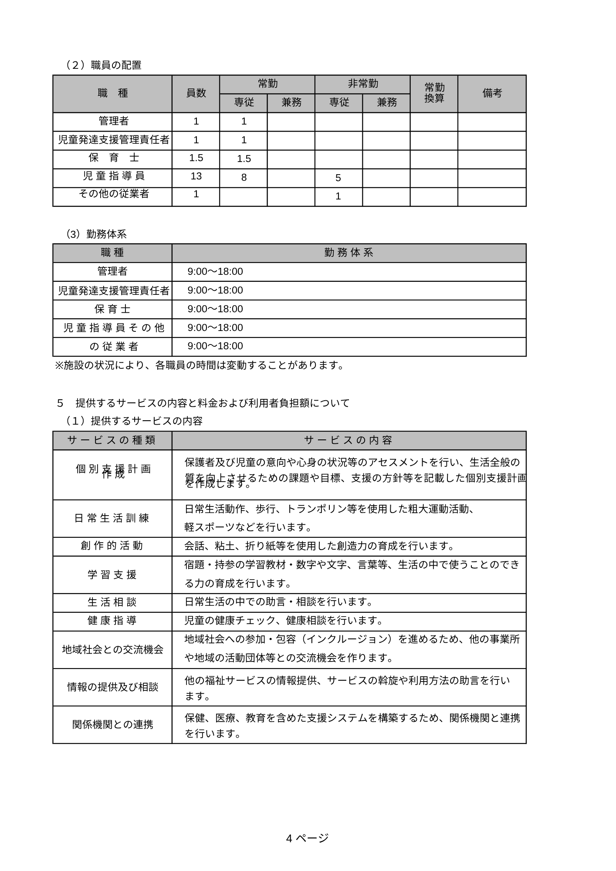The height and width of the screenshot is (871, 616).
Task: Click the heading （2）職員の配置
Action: pyautogui.click(x=103, y=65)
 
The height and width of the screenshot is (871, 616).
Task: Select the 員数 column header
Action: pyautogui.click(x=196, y=93)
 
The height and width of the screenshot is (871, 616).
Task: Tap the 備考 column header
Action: pyautogui.click(x=492, y=93)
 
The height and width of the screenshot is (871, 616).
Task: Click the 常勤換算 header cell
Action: pyautogui.click(x=434, y=93)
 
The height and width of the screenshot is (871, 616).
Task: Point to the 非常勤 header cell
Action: pyautogui.click(x=362, y=84)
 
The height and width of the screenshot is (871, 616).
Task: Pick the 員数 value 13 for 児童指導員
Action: pyautogui.click(x=196, y=176)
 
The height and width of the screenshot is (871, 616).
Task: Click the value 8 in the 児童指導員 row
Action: pyautogui.click(x=244, y=178)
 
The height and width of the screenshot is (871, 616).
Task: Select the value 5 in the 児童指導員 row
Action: pyautogui.click(x=338, y=178)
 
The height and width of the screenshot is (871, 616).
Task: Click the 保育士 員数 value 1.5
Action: pyautogui.click(x=196, y=158)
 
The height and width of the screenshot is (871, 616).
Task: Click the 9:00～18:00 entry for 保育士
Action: pyautogui.click(x=215, y=309)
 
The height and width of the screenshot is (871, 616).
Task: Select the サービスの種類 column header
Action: pyautogui.click(x=112, y=440)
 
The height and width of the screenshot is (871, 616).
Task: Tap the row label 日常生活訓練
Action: pyautogui.click(x=112, y=518)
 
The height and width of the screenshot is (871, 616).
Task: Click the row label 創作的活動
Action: pyautogui.click(x=112, y=546)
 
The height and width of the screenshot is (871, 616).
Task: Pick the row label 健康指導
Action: pyautogui.click(x=112, y=621)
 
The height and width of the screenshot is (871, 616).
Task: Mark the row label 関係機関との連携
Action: pyautogui.click(x=112, y=725)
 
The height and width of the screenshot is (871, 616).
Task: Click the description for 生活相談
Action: pyautogui.click(x=279, y=602)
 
